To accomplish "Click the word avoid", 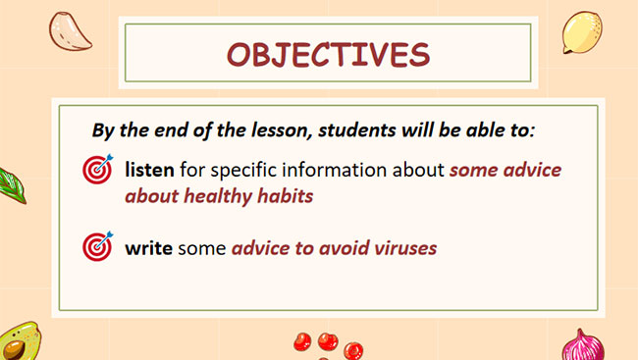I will (x=328, y=247).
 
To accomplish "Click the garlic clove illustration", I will (x=74, y=32).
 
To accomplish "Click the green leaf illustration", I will (x=10, y=183).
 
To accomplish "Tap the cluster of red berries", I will (x=326, y=344).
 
